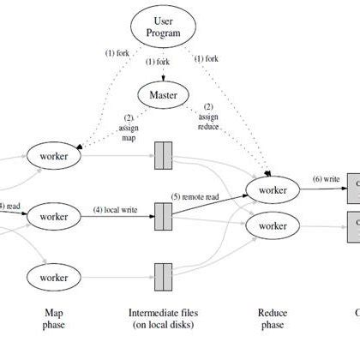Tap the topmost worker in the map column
pos(53,156)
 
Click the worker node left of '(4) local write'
pos(53,217)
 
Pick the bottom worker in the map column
pos(53,277)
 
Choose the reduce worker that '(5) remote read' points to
pos(273,189)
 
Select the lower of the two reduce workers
pos(273,226)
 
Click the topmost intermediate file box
pos(165,156)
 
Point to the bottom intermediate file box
pos(165,277)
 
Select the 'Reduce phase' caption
pos(273,319)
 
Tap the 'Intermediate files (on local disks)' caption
pos(165,319)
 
